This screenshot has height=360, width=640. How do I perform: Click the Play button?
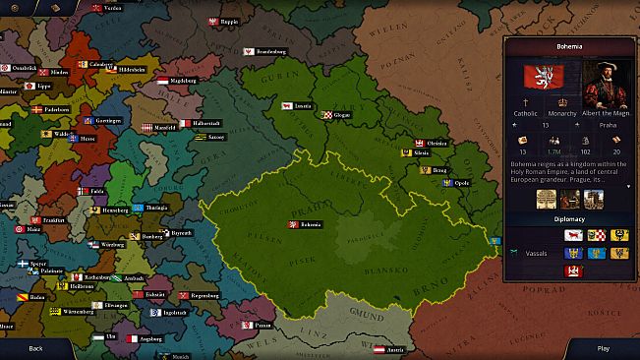(x=603, y=348)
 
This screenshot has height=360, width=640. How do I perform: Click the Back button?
(x=35, y=348)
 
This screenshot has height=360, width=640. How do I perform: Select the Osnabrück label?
(x=20, y=68)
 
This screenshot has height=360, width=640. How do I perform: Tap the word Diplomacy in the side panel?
(x=569, y=219)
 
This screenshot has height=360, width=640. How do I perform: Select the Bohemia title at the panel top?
(x=569, y=46)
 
